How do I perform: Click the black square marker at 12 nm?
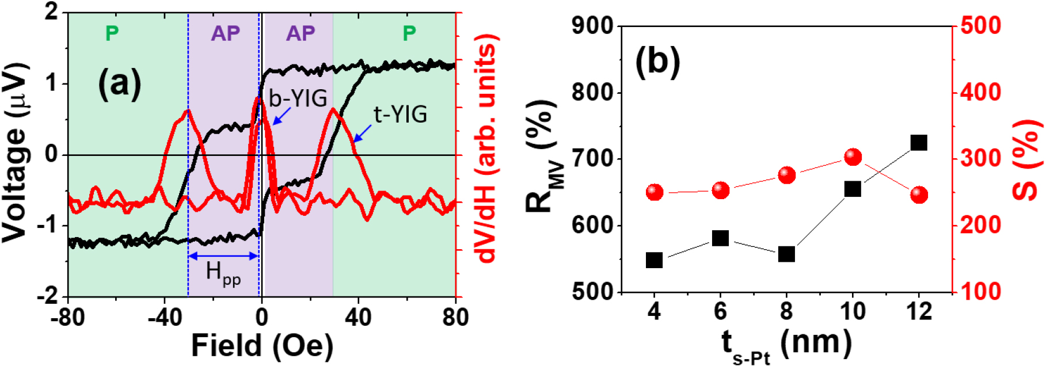pos(919,143)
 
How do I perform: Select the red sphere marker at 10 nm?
pos(853,157)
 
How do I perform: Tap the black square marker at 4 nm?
pos(654,260)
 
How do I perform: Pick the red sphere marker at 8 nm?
pos(786,176)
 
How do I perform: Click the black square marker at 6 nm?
pos(720,238)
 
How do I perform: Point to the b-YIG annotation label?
pos(298,98)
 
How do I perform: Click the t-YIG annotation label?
pos(400,115)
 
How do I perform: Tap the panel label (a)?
pos(119,84)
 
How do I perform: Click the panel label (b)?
pos(657,61)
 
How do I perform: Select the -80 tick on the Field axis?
pos(68,317)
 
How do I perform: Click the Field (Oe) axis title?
pos(262,346)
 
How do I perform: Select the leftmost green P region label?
pos(112,33)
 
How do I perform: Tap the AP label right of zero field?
pos(301,33)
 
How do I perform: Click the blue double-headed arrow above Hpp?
pos(223,256)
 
